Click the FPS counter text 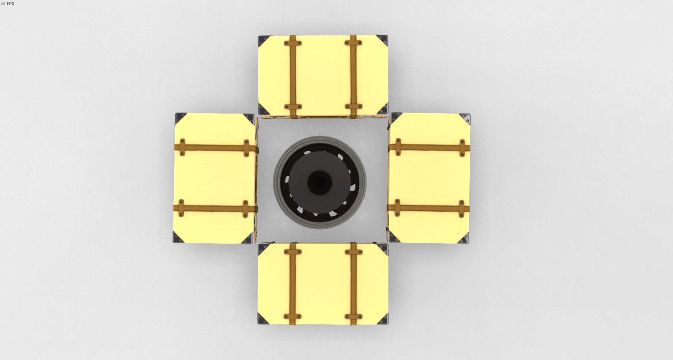[8, 4]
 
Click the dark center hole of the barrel [319, 182]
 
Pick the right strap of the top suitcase [353, 76]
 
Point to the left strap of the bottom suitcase [293, 284]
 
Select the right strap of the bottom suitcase [353, 284]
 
